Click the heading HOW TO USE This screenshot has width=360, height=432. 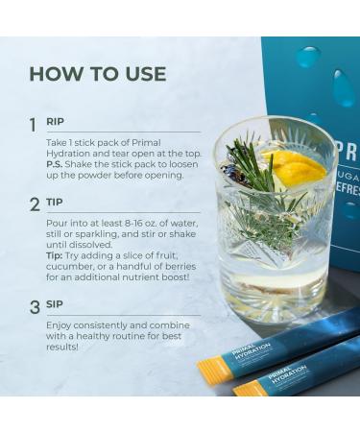tap(98, 74)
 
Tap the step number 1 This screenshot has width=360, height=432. tap(33, 125)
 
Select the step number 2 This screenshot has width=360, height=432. tap(35, 204)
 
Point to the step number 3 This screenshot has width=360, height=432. tap(35, 307)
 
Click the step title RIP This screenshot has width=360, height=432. tap(55, 122)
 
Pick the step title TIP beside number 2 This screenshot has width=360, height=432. tap(55, 203)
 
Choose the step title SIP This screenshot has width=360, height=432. tap(55, 304)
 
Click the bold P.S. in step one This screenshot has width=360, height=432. tap(54, 164)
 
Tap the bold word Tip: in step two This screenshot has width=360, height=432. tap(54, 255)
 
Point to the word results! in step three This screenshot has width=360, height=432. tap(62, 348)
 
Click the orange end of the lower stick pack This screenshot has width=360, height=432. tap(248, 388)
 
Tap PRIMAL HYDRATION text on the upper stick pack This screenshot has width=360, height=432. tap(252, 351)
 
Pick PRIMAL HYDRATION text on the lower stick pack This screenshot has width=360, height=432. tap(287, 374)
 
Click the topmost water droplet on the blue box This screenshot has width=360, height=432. tap(309, 57)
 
